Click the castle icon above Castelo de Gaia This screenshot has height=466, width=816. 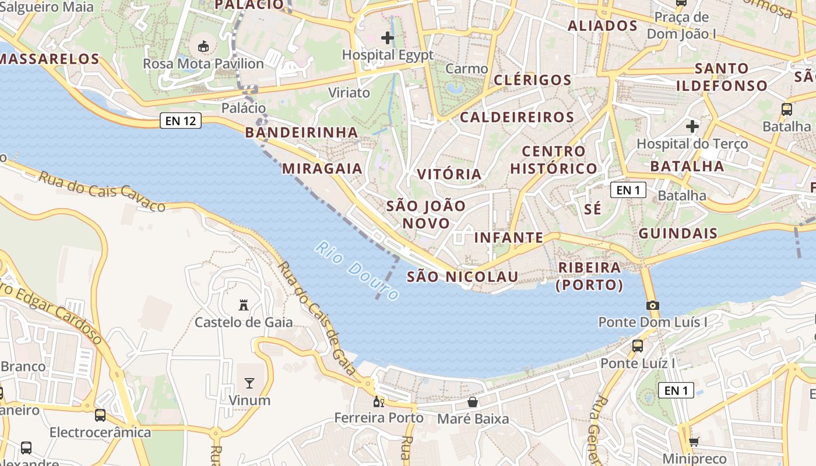(244, 305)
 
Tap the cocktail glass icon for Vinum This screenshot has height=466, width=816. (249, 383)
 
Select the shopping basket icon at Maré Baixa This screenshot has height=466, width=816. (473, 402)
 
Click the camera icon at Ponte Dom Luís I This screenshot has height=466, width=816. (652, 305)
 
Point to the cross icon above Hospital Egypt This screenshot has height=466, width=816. (388, 38)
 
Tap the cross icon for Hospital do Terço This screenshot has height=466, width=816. (692, 126)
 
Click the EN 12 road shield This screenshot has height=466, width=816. (181, 121)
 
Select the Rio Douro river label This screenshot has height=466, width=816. (357, 271)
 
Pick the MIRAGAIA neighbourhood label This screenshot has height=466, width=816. (322, 169)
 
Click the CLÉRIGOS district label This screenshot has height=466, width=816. (532, 80)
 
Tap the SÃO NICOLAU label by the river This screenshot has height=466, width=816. (462, 277)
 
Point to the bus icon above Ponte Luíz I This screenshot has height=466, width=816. (638, 346)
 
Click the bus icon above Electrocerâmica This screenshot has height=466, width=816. (100, 415)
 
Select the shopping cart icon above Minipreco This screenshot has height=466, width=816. (694, 442)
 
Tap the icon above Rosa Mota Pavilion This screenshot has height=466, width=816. (203, 46)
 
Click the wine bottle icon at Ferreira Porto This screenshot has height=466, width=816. (378, 401)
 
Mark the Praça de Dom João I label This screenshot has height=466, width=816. (682, 26)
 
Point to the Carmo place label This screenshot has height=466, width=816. (466, 69)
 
